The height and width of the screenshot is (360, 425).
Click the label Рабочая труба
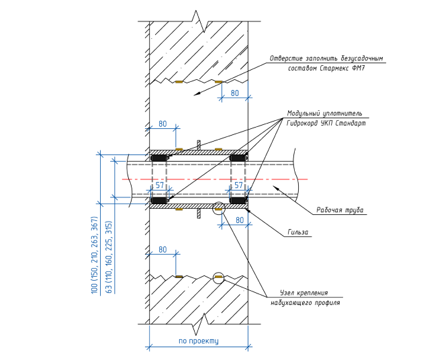(340, 210)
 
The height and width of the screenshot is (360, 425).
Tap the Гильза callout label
(297, 232)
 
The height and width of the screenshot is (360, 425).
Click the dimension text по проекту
(199, 341)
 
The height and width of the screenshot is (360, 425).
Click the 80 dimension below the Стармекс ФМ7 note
(235, 93)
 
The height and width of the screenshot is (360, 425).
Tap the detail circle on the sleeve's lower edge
(218, 209)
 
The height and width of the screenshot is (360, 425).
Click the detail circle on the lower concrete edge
(218, 277)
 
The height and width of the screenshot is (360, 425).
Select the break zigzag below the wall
(198, 327)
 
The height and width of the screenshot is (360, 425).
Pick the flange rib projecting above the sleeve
(199, 144)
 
